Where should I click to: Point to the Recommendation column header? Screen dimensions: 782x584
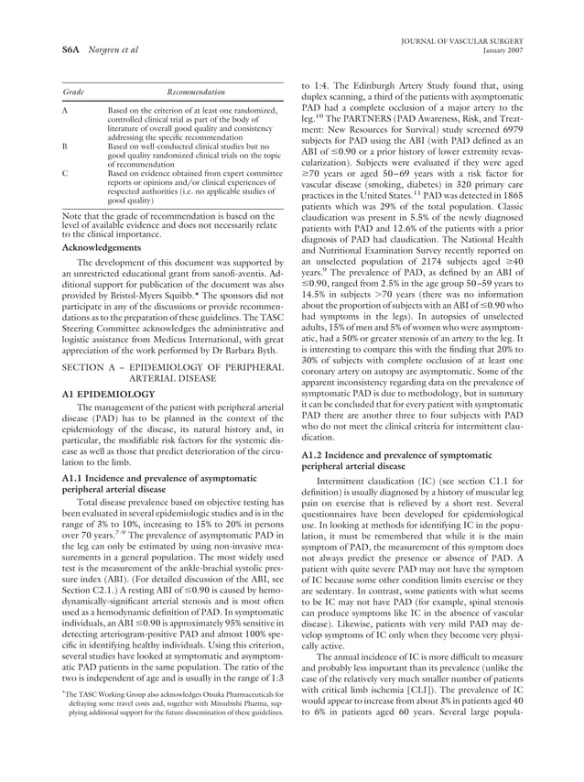coord(195,93)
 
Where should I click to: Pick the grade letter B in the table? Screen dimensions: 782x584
coord(64,146)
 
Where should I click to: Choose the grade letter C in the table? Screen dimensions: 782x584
coord(64,172)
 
